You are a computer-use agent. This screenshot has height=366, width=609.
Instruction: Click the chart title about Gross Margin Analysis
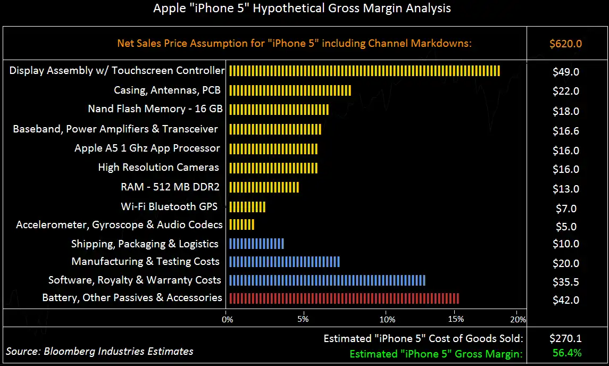click(x=302, y=9)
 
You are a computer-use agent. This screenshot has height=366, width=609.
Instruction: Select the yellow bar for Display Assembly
click(x=364, y=71)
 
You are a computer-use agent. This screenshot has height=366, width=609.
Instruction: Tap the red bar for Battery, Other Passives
click(x=344, y=298)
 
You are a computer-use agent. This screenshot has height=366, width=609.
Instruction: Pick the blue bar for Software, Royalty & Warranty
click(x=327, y=280)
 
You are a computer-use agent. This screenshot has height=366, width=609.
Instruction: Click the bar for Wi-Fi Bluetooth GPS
click(x=247, y=207)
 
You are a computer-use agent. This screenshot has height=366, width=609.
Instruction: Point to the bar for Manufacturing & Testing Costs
click(x=284, y=262)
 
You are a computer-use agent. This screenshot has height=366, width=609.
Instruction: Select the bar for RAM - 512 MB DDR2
click(x=264, y=187)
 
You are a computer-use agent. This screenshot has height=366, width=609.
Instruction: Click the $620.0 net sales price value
click(x=565, y=44)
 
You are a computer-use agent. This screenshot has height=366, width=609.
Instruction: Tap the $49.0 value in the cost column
click(x=565, y=72)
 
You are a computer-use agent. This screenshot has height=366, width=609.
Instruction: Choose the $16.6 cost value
click(x=565, y=131)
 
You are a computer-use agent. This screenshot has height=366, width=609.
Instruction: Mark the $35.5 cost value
click(x=565, y=282)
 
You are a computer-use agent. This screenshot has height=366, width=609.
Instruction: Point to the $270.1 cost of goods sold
click(x=565, y=338)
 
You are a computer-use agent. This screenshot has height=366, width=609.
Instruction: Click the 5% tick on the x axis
click(x=303, y=320)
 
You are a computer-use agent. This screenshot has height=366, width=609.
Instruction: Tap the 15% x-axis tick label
click(x=456, y=320)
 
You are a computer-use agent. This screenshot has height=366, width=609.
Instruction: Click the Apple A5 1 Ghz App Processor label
click(x=147, y=148)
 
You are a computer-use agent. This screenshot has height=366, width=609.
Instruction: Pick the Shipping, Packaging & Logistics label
click(x=145, y=244)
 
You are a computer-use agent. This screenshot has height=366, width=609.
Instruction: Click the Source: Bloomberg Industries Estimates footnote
click(x=99, y=351)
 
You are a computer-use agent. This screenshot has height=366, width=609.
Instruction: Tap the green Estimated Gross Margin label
click(x=436, y=353)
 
